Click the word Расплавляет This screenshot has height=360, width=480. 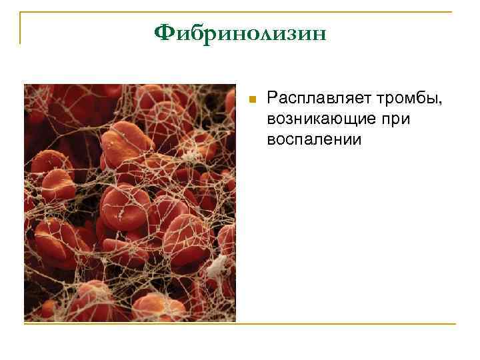pyautogui.click(x=308, y=99)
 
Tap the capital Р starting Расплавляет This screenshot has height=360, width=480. pyautogui.click(x=271, y=99)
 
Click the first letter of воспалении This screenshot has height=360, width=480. pyautogui.click(x=271, y=141)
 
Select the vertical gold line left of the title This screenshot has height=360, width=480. pyautogui.click(x=21, y=28)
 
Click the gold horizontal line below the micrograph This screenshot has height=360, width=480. pyautogui.click(x=240, y=324)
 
